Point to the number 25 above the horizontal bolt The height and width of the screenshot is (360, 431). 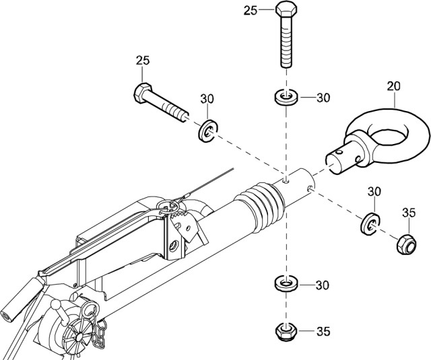click(142, 61)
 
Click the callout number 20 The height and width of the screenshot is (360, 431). click(393, 85)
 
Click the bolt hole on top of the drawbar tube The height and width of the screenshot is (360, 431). click(288, 180)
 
